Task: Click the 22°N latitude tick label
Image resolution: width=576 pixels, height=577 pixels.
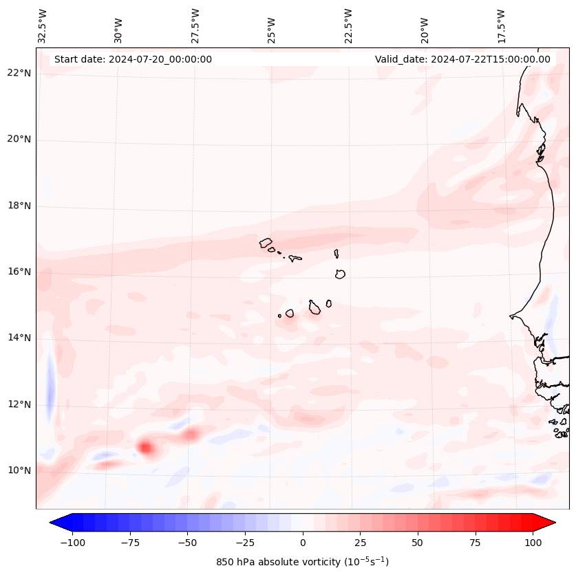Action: coord(19,73)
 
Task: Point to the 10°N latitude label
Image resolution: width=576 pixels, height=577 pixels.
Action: coord(19,470)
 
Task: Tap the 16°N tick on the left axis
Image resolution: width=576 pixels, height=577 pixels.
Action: coord(19,272)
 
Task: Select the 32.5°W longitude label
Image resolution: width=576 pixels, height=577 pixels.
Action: coord(43,25)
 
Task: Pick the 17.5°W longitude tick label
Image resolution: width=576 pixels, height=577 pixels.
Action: coord(501,25)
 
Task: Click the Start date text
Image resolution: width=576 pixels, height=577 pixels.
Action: coord(133,59)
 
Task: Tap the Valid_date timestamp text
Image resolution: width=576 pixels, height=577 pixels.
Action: coord(462,59)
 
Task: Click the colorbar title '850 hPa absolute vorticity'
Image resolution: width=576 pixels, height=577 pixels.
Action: coord(302,562)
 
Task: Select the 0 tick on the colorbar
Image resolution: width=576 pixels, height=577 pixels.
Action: coord(303,543)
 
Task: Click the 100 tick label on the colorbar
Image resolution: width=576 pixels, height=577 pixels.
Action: coord(533,543)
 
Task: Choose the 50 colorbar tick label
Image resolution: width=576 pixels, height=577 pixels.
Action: coord(418,543)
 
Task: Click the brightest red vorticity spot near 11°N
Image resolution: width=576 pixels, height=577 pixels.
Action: coord(145,448)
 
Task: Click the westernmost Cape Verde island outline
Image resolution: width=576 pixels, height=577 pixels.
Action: coord(266,242)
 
